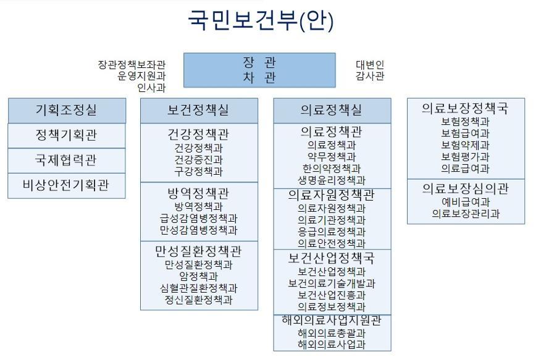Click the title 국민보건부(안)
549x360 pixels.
tap(261, 20)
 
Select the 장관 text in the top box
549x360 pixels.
tap(259, 63)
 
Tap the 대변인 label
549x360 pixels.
tap(370, 64)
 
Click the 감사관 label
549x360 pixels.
tap(370, 75)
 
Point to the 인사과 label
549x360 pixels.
tap(151, 88)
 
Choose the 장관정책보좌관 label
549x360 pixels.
tap(132, 64)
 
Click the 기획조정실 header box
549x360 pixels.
tap(67, 111)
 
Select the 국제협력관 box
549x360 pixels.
tap(67, 161)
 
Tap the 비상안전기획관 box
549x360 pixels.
tap(67, 186)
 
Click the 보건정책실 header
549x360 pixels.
tap(199, 111)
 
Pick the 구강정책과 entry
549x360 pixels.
tap(198, 172)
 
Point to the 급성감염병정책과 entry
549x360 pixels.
tap(198, 219)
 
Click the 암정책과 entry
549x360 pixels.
tap(198, 277)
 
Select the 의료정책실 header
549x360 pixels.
tap(332, 111)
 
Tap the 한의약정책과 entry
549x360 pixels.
tap(332, 169)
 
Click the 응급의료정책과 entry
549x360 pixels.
tap(332, 232)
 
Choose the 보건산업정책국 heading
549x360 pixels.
tap(332, 259)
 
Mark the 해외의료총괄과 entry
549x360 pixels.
tap(332, 333)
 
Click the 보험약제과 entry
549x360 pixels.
tap(465, 145)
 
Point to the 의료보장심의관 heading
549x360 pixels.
tap(465, 189)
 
